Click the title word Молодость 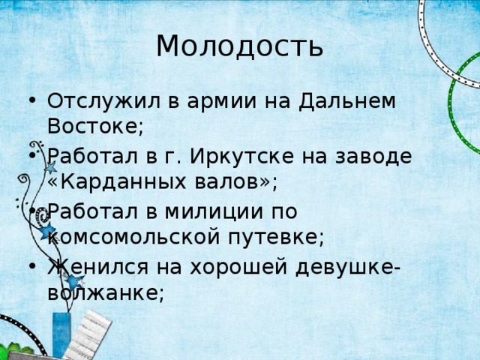pos(240,46)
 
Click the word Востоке pos(91,125)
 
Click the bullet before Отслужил pos(29,103)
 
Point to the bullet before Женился pos(29,268)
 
